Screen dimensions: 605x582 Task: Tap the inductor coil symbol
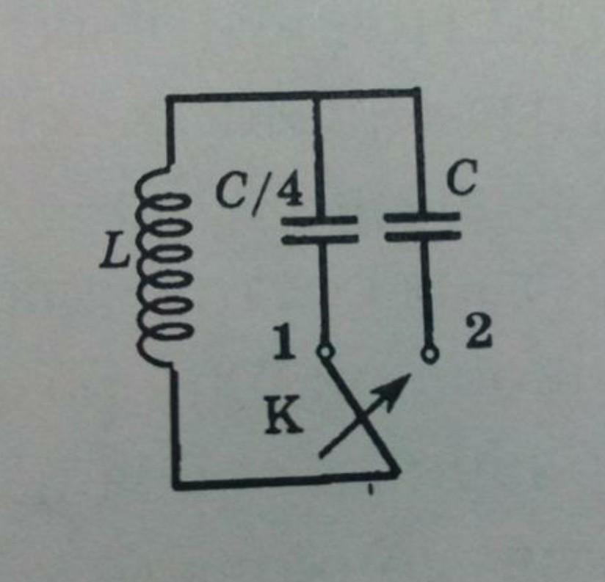[x=162, y=266]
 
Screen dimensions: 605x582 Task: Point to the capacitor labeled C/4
[x=319, y=230]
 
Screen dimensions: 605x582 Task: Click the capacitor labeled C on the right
[x=422, y=226]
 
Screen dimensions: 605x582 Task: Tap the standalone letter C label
[x=463, y=178]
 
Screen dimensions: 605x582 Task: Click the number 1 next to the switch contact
[x=285, y=342]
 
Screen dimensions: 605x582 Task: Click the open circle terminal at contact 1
[x=325, y=352]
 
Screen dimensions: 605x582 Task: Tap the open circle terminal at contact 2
[x=430, y=353]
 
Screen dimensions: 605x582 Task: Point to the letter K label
[x=283, y=418]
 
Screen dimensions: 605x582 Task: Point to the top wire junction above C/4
[x=316, y=96]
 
